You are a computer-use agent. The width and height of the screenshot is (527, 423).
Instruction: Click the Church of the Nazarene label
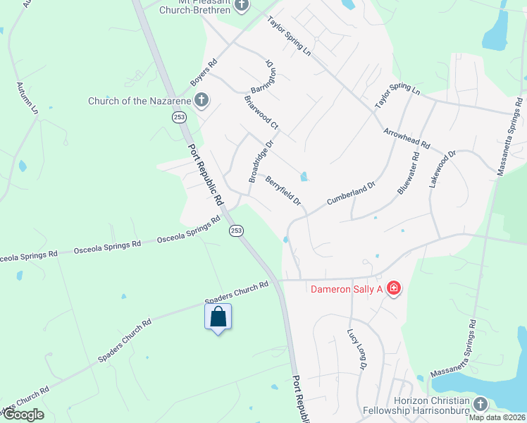[139, 101]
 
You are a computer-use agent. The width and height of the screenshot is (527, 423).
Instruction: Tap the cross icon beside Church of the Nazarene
[201, 99]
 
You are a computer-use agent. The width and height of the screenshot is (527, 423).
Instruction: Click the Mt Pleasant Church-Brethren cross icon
[242, 5]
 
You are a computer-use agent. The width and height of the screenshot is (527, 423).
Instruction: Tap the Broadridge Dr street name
[259, 162]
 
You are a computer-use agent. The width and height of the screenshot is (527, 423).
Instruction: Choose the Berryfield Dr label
[283, 191]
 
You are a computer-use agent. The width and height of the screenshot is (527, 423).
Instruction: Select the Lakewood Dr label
[442, 168]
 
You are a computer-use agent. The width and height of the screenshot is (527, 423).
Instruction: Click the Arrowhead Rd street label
[407, 137]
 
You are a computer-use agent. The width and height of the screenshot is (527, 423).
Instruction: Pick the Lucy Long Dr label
[357, 350]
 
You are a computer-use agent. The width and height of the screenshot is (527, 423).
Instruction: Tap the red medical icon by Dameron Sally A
[393, 288]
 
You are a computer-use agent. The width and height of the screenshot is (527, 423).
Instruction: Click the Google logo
[23, 415]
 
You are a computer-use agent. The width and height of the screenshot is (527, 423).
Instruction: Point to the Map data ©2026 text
[496, 417]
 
